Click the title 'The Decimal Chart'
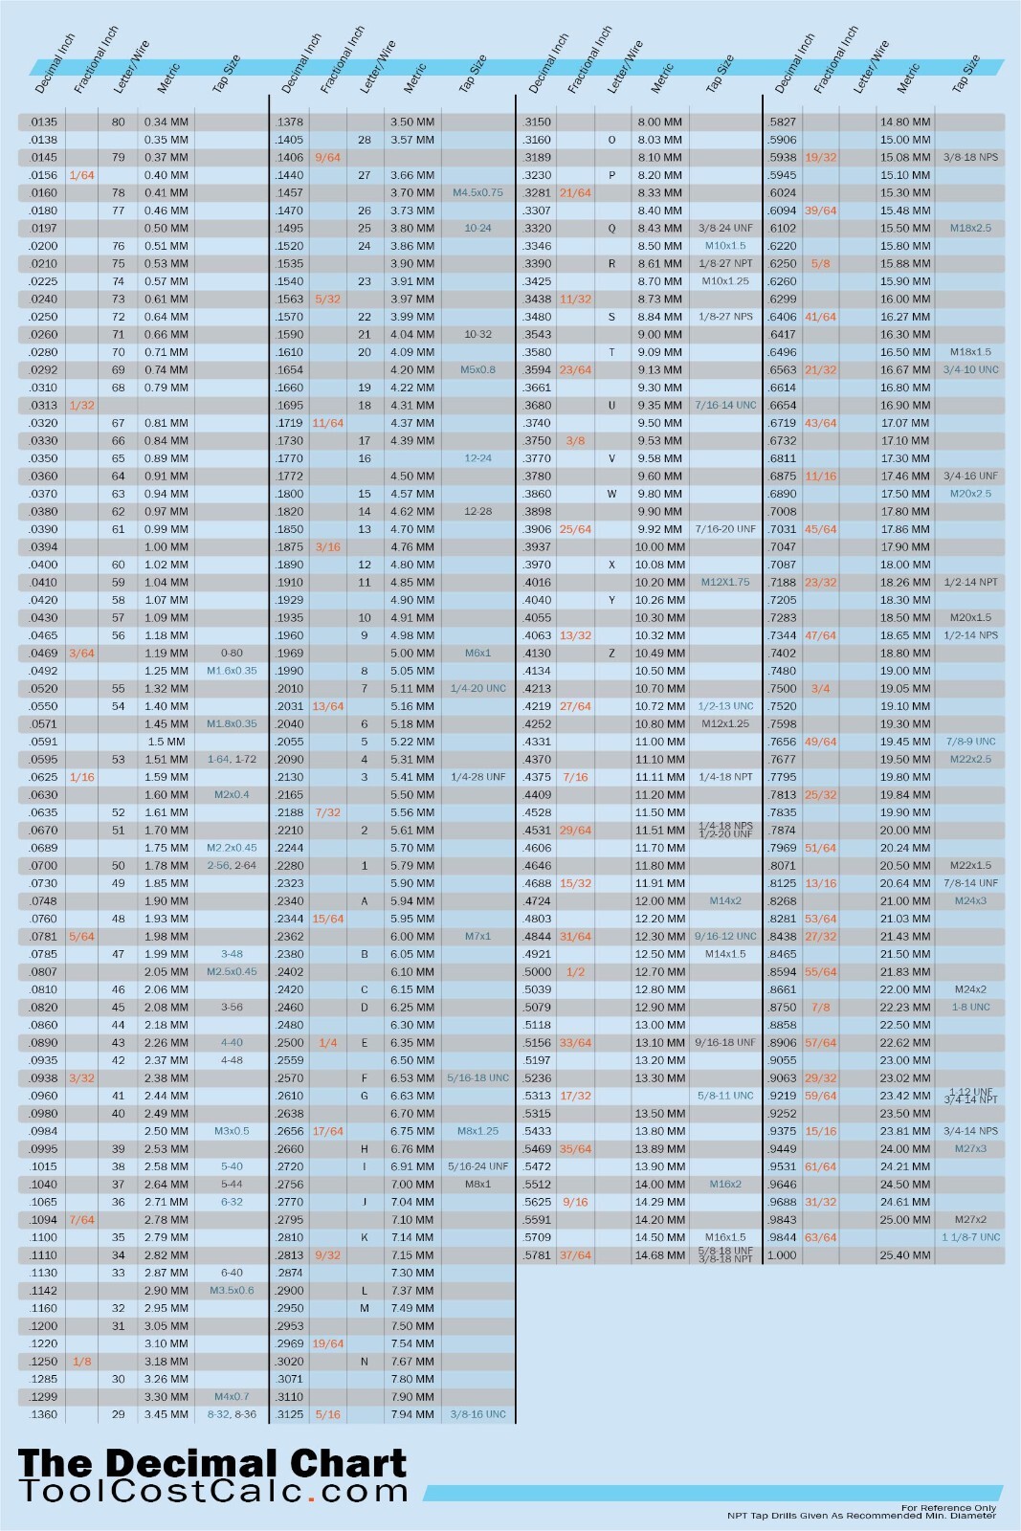click(211, 1463)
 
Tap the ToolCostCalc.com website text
click(213, 1492)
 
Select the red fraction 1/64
click(82, 175)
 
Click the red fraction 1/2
click(575, 971)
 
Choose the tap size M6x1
click(477, 653)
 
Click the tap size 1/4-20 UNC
click(477, 688)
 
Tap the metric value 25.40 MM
click(904, 1254)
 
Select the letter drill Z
click(611, 653)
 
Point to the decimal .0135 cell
click(44, 122)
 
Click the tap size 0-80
click(232, 653)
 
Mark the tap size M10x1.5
click(724, 246)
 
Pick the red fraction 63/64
click(820, 1237)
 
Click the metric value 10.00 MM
click(659, 546)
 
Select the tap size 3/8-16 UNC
click(477, 1413)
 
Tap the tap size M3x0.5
click(232, 1131)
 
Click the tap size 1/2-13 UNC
click(725, 706)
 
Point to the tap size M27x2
click(970, 1219)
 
